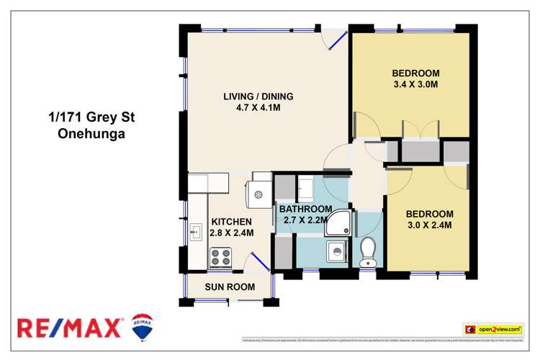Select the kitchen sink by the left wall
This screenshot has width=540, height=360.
(x=195, y=232)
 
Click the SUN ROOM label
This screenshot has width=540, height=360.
(x=230, y=287)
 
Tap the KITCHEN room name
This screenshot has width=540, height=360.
(x=230, y=222)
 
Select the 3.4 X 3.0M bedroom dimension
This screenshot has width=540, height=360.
(x=415, y=85)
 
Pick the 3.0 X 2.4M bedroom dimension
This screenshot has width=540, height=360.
(x=429, y=225)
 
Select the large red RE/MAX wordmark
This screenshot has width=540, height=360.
(x=70, y=328)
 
